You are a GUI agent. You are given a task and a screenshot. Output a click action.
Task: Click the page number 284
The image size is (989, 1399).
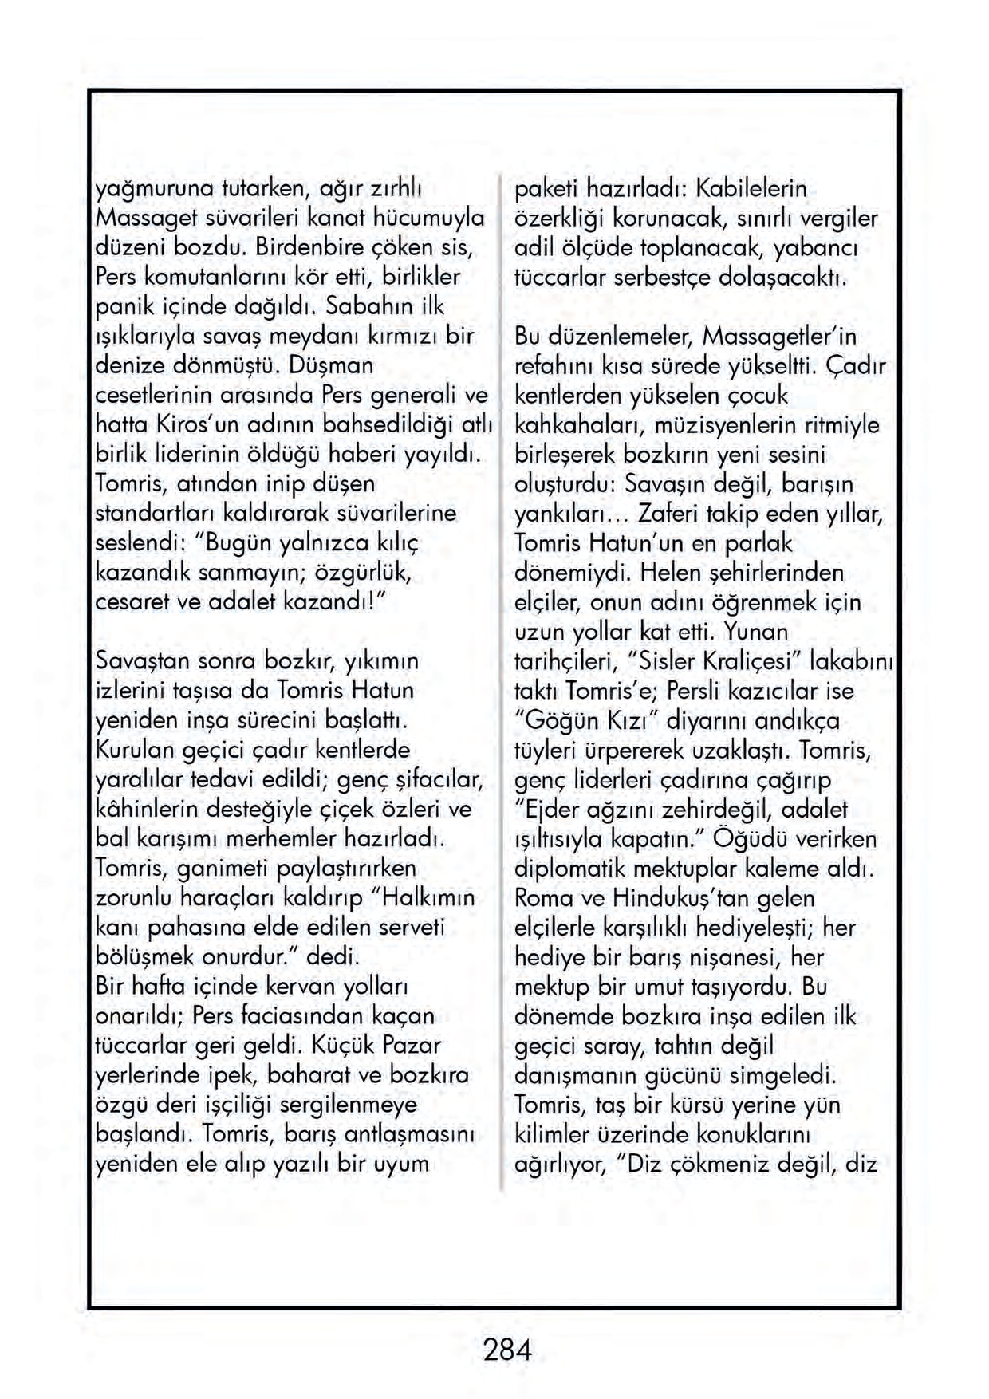506,1350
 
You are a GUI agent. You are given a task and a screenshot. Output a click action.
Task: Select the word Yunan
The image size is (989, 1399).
756,632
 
